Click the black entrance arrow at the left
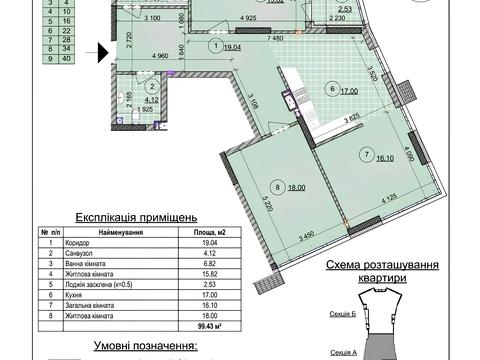pyautogui.click(x=102, y=49)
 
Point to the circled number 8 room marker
pyautogui.click(x=276, y=185)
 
